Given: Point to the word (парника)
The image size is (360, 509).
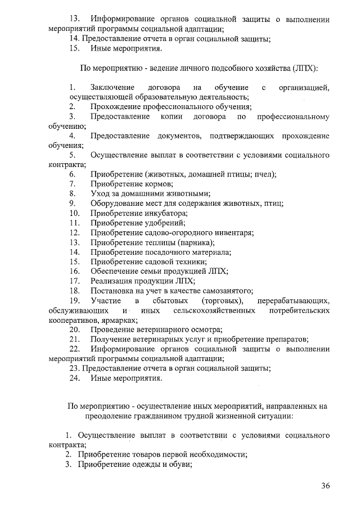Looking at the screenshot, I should click(195, 242).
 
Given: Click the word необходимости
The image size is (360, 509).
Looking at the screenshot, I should click(217, 455).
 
